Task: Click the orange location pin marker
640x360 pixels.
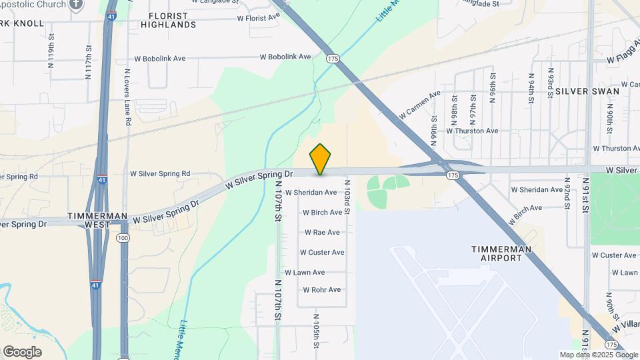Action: pyautogui.click(x=321, y=159)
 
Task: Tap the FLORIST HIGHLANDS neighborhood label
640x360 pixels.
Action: pyautogui.click(x=168, y=20)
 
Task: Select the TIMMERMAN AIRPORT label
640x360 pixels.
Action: pyautogui.click(x=501, y=253)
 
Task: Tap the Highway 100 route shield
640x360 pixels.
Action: pyautogui.click(x=123, y=238)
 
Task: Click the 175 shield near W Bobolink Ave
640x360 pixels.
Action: pyautogui.click(x=333, y=59)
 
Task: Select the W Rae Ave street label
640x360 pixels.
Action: pyautogui.click(x=322, y=233)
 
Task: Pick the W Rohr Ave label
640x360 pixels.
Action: pyautogui.click(x=321, y=289)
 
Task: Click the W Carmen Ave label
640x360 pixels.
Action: pyautogui.click(x=420, y=105)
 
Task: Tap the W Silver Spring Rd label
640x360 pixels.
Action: pyautogui.click(x=160, y=173)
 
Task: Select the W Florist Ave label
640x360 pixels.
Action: pyautogui.click(x=257, y=18)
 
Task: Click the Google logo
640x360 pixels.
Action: pyautogui.click(x=22, y=351)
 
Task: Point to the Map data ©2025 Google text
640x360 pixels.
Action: pyautogui.click(x=598, y=355)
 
